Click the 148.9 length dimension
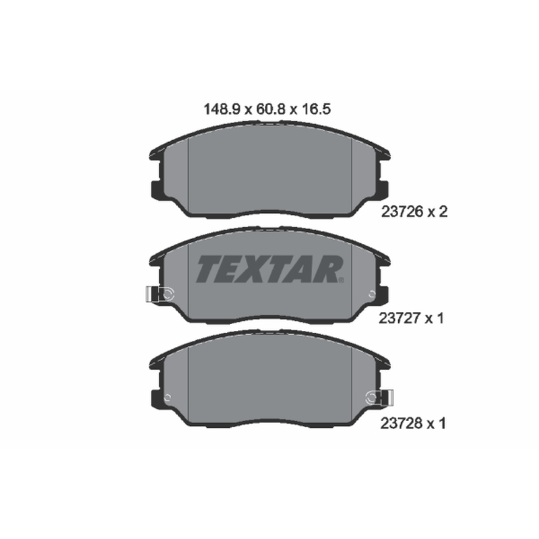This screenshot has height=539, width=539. pos(221,109)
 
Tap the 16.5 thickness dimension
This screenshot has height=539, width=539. pos(316,109)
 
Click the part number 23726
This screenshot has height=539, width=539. pos(402,212)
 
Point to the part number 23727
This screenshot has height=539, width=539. pos(400,318)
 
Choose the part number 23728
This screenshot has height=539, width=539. pos(401,423)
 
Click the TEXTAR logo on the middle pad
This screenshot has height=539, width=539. pos(269,269)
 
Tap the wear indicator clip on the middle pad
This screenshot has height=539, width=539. pos(160,294)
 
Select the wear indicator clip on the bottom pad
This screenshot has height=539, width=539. pos(379,398)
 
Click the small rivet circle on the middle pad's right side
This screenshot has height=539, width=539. pos(372,294)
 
